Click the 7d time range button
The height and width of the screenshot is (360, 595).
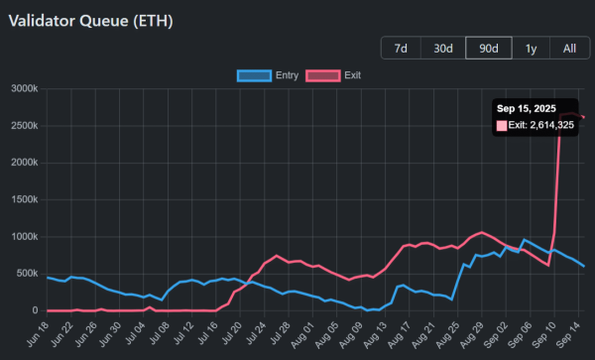401,48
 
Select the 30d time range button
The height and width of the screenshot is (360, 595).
442,48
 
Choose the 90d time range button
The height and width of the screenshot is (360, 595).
488,48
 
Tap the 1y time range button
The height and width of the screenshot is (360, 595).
531,48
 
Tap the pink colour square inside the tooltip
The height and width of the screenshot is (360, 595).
502,125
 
